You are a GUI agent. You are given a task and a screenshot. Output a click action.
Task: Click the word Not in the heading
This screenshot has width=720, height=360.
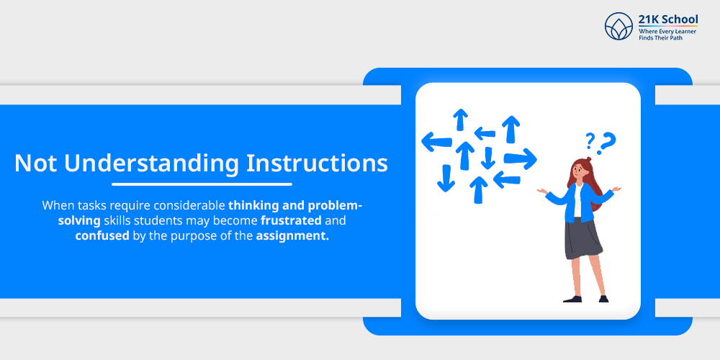coord(35,163)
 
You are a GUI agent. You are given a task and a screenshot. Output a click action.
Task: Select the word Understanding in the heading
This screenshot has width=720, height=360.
coord(151,164)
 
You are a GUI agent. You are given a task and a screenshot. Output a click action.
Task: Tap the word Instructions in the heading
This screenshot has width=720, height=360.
coord(317,163)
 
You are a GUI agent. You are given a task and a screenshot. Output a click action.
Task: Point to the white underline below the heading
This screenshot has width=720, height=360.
coord(202,184)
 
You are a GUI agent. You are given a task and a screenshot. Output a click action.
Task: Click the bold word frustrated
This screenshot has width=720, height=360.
coord(291,221)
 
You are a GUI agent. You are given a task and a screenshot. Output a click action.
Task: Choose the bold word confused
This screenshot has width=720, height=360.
coord(102,236)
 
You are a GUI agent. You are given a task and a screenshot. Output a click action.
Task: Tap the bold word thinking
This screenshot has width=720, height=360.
coord(251,205)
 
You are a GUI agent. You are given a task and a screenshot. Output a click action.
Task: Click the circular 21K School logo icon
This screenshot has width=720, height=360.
coord(618,26)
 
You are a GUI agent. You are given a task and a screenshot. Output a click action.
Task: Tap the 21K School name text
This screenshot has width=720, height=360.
coord(668,19)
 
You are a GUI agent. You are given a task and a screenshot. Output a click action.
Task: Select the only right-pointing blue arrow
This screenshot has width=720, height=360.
coord(520,159)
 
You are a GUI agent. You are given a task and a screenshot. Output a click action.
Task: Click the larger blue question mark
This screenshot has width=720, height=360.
coord(607,141)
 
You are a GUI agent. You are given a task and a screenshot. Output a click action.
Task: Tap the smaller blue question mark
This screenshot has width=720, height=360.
coord(590,140)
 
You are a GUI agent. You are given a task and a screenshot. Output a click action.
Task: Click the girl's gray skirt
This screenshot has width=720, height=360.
coord(582,239)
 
